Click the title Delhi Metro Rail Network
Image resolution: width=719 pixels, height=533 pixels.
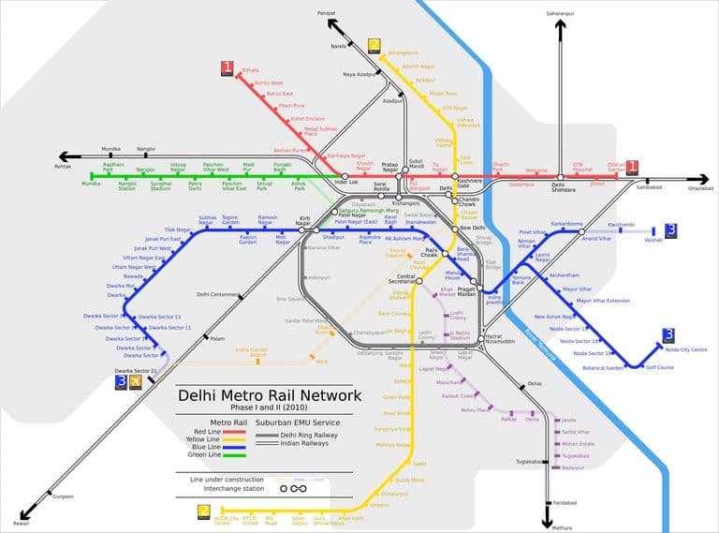pyautogui.click(x=270, y=395)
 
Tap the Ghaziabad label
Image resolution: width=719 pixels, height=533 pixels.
pyautogui.click(x=700, y=188)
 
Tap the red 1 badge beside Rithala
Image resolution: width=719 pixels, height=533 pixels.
pyautogui.click(x=227, y=67)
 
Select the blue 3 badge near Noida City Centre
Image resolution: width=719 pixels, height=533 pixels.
pyautogui.click(x=668, y=334)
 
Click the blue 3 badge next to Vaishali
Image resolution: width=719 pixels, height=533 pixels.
pyautogui.click(x=670, y=229)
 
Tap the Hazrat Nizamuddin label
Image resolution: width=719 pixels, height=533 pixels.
pyautogui.click(x=501, y=339)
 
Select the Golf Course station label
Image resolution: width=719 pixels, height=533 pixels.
pyautogui.click(x=659, y=367)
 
